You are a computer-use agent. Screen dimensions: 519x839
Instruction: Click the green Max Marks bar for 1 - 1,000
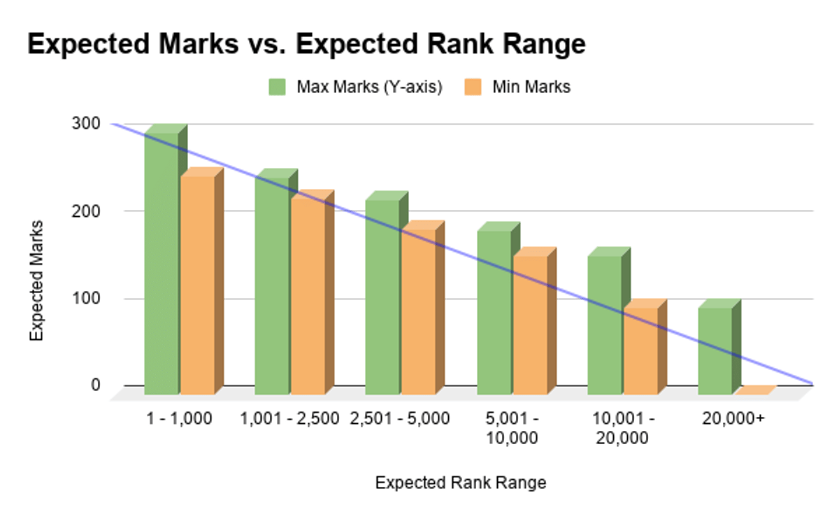click(x=162, y=262)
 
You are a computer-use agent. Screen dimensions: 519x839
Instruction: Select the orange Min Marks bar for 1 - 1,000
click(x=197, y=283)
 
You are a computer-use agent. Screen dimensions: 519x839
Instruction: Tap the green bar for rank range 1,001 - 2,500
click(x=272, y=283)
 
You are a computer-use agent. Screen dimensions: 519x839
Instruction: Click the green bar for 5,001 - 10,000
click(x=494, y=311)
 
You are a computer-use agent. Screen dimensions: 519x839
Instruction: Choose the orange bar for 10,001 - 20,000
click(x=640, y=350)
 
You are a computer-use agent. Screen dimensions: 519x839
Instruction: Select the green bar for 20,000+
click(x=715, y=350)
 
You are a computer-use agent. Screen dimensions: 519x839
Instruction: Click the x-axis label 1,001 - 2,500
click(x=289, y=419)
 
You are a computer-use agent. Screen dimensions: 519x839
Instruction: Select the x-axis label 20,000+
click(x=733, y=419)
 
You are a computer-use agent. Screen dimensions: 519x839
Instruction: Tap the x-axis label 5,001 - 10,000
click(x=512, y=428)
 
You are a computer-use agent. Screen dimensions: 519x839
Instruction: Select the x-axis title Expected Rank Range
click(x=461, y=483)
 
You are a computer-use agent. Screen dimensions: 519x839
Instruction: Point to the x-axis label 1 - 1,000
click(x=179, y=419)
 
